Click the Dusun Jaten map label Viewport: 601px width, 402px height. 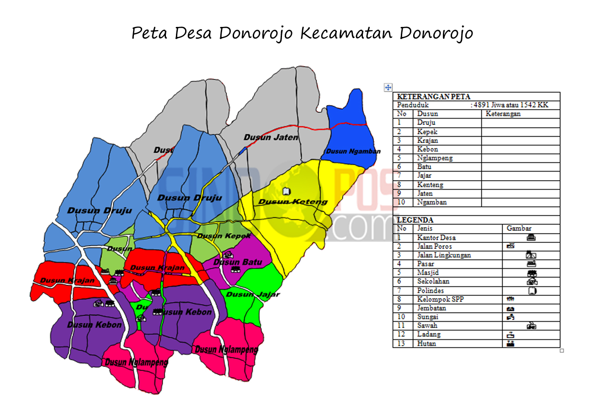271,137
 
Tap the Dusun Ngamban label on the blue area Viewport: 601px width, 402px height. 353,151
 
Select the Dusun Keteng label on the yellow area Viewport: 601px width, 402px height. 293,202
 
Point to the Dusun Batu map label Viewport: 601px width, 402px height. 238,262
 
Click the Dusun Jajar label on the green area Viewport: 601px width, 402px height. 253,294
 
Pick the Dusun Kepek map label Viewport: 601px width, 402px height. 224,236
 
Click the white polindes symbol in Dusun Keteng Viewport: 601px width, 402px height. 287,190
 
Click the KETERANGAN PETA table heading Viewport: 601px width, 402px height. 427,97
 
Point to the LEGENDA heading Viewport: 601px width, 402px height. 409,220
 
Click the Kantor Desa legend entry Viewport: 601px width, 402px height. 436,237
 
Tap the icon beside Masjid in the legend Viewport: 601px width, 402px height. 532,273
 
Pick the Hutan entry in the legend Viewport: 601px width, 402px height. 426,343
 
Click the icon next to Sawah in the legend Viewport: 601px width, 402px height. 531,326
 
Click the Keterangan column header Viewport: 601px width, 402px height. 503,114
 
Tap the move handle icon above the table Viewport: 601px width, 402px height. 388,87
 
